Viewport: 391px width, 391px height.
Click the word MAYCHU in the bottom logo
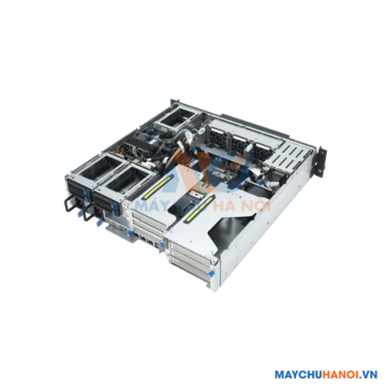(x=298, y=375)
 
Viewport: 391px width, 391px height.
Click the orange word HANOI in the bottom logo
(x=341, y=375)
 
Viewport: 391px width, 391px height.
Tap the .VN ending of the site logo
(x=370, y=375)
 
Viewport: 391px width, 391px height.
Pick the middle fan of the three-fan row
(x=238, y=144)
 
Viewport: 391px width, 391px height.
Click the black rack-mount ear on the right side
(x=321, y=163)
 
